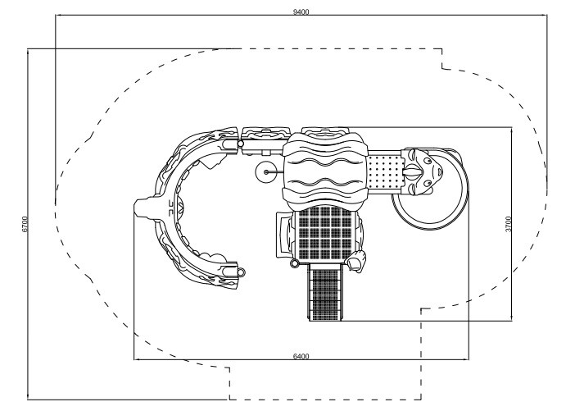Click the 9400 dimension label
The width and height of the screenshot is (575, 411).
click(301, 11)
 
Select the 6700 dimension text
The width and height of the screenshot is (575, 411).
click(25, 224)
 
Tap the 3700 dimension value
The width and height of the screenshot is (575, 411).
click(508, 224)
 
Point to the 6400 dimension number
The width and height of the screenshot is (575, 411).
click(301, 356)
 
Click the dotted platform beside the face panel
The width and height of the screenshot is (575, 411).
click(385, 172)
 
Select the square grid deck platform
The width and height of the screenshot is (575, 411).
click(325, 232)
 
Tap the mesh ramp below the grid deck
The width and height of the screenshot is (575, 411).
click(325, 292)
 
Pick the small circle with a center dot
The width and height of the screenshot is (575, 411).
click(266, 172)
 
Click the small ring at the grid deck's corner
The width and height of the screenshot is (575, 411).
click(294, 263)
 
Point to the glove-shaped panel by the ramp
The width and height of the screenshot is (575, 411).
click(356, 261)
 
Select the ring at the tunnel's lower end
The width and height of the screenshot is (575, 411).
click(242, 272)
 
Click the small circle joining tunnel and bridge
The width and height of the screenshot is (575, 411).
click(241, 144)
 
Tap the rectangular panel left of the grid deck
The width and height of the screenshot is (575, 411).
click(283, 235)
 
